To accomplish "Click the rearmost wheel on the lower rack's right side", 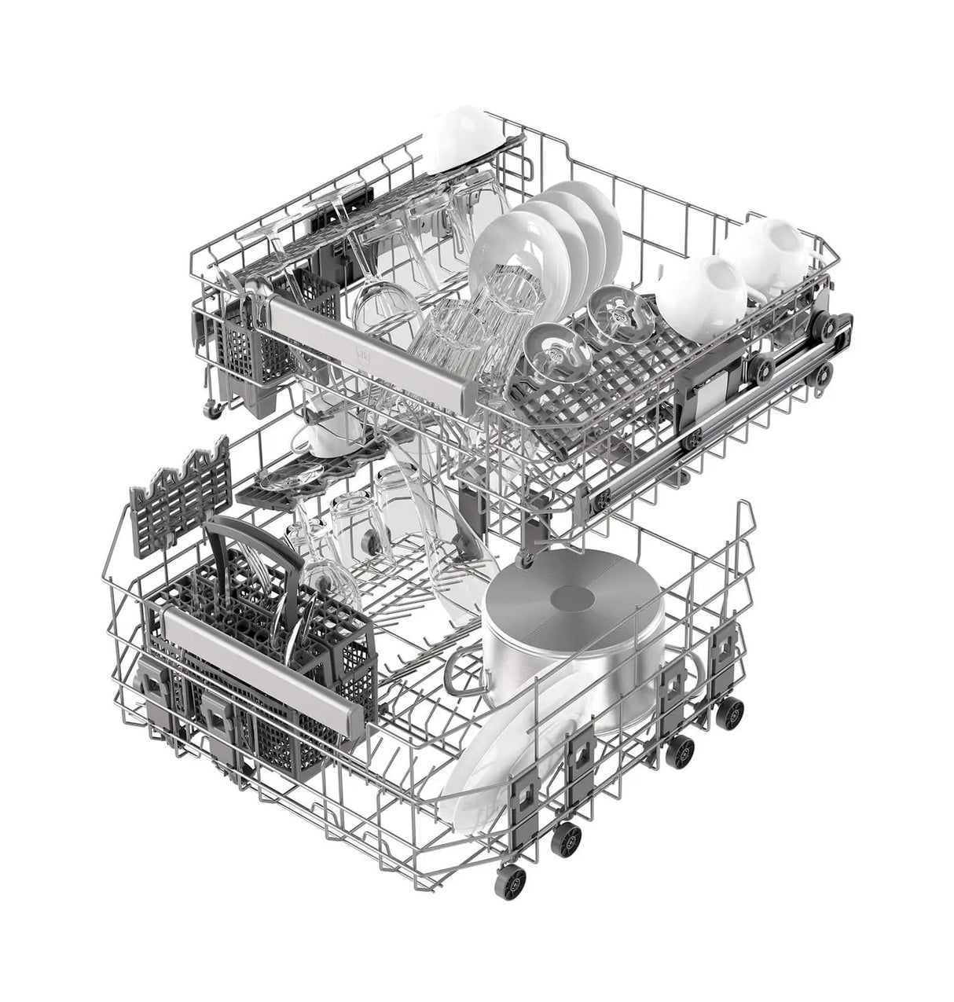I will [x=732, y=712].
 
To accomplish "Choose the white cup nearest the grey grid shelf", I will [x=703, y=295].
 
